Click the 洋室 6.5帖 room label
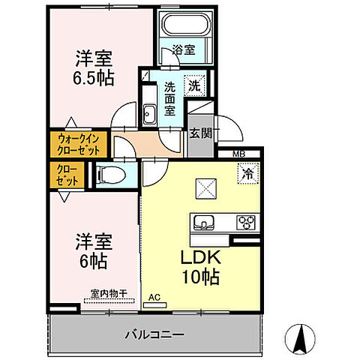point(94,67)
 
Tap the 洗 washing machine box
point(193,86)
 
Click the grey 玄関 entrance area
point(199,135)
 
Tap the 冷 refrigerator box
point(247,173)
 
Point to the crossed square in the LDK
point(205,187)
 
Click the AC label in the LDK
point(154,297)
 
